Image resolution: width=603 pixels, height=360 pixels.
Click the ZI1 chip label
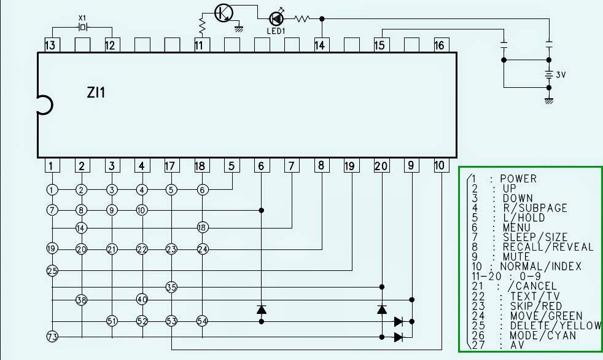tap(96, 93)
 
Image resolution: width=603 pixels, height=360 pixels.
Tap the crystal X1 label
tap(83, 18)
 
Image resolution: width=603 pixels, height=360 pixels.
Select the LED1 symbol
tap(276, 19)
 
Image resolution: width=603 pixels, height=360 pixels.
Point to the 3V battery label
tap(561, 74)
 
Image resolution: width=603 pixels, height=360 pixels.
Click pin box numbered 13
tap(52, 45)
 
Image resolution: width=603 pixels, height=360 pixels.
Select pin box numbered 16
tap(440, 45)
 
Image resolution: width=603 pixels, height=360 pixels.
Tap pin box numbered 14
tap(320, 45)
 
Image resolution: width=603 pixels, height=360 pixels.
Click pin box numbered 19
tap(349, 166)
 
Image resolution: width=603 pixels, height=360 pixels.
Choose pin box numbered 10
tap(440, 166)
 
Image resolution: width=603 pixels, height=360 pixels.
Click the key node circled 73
tap(52, 336)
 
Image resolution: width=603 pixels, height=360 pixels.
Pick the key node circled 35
tap(171, 287)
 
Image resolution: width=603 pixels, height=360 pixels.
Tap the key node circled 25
tap(52, 270)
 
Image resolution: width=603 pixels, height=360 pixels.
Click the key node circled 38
tap(82, 300)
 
